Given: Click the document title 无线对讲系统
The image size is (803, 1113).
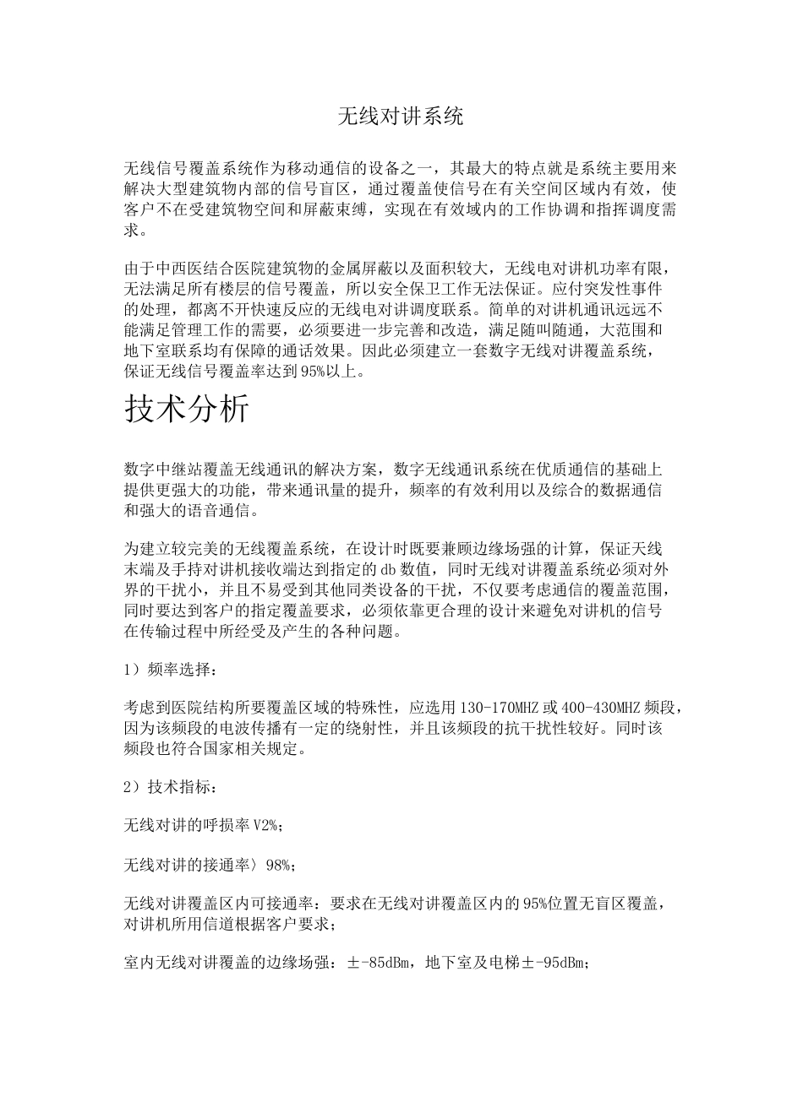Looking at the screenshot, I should tap(401, 117).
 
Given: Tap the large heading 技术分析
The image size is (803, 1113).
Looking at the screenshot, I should tap(187, 409).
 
